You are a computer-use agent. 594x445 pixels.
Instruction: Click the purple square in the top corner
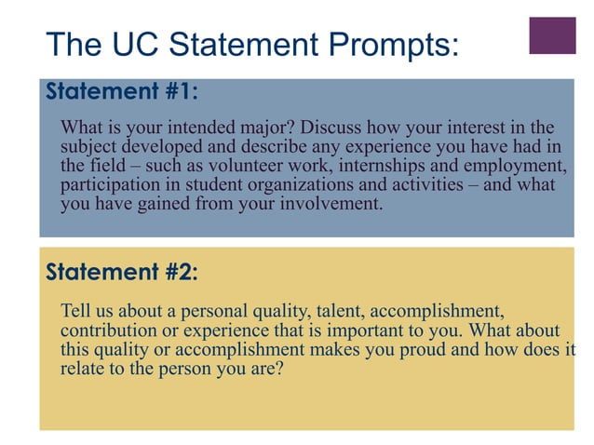[552, 35]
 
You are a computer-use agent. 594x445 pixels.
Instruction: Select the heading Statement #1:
[121, 92]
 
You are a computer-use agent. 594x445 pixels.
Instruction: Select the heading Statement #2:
[121, 272]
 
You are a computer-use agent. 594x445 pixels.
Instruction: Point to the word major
[270, 128]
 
